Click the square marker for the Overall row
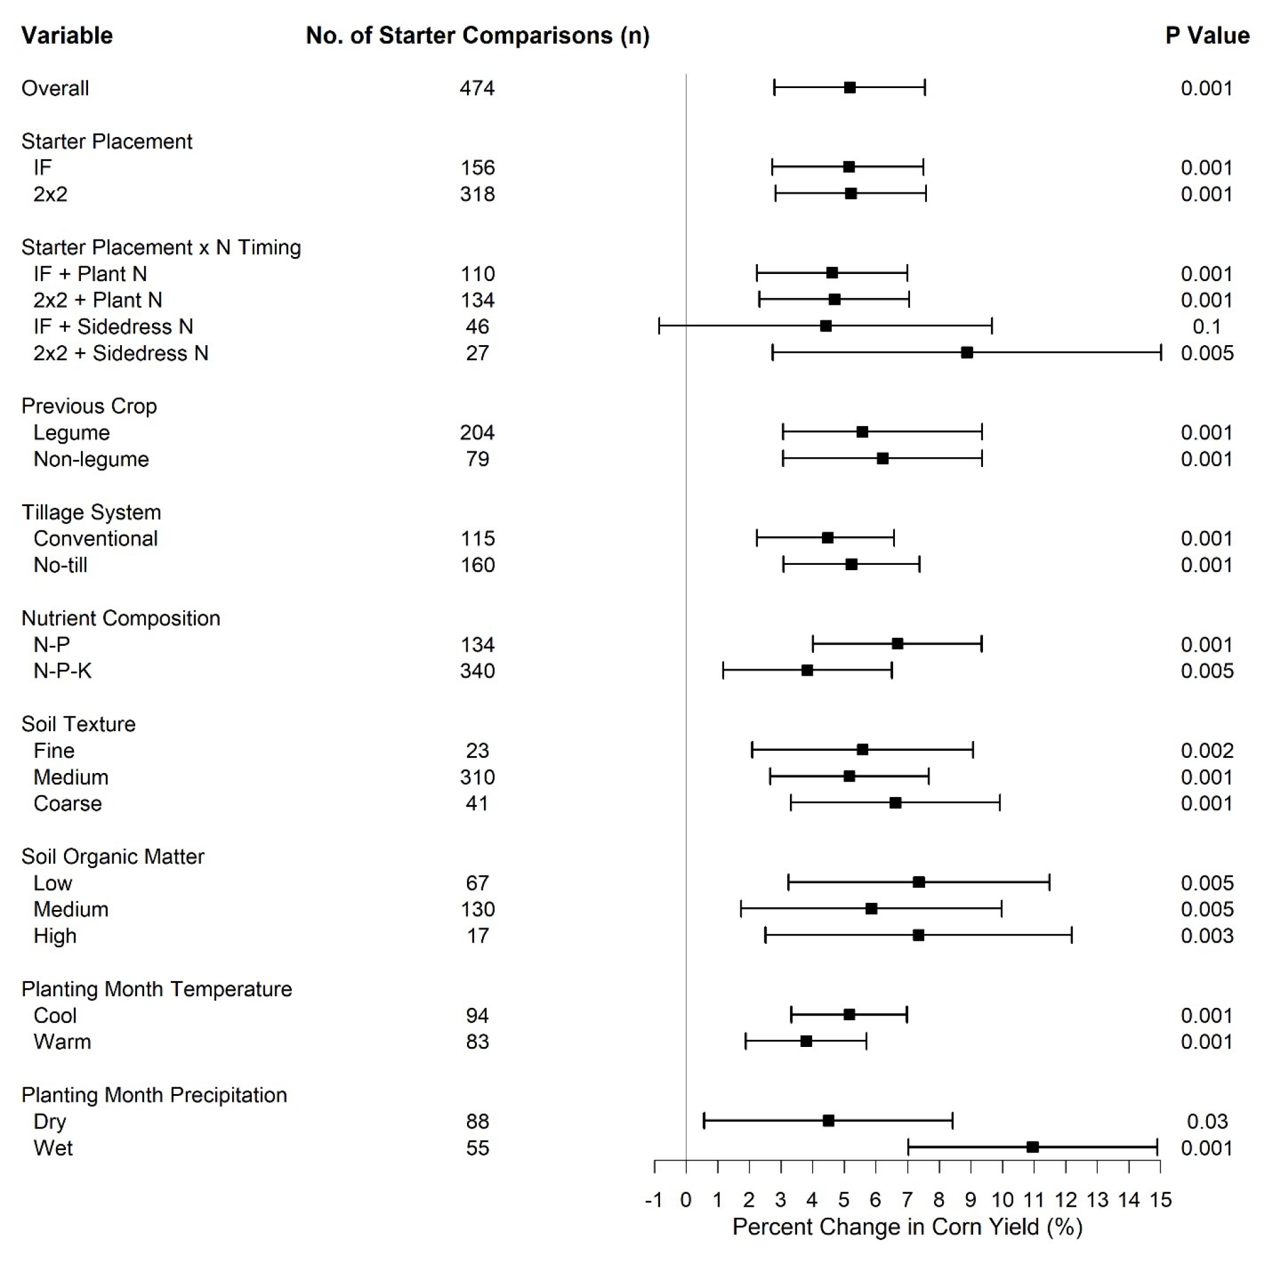[849, 87]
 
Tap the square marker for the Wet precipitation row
[1033, 1147]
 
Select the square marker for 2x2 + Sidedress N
[967, 352]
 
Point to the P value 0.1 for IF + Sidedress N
[1206, 327]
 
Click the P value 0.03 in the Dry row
[1207, 1121]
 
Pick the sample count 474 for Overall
[477, 88]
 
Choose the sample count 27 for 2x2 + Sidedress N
[477, 353]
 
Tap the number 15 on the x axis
[1160, 1200]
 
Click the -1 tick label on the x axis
[654, 1200]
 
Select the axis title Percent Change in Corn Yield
[907, 1227]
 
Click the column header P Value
[1207, 36]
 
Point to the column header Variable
[67, 36]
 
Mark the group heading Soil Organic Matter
[113, 856]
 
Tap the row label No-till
[61, 565]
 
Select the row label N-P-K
[63, 671]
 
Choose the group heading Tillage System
[91, 512]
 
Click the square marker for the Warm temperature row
[806, 1041]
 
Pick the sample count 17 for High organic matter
[477, 935]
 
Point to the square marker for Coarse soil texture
[896, 802]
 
